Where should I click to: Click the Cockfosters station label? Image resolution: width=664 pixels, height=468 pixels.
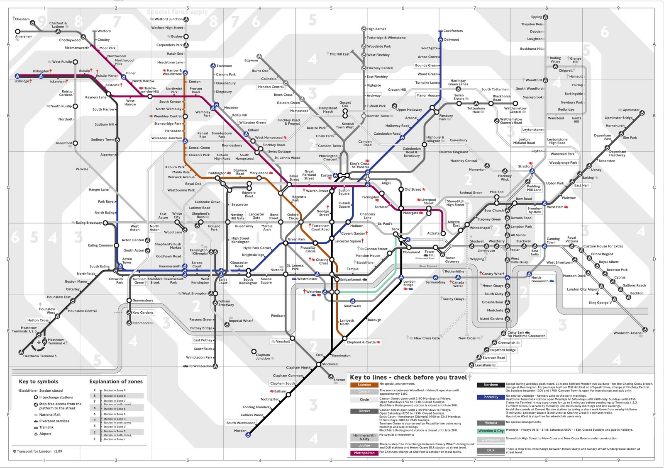(453, 31)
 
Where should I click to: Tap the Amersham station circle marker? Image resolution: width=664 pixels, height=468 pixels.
(17, 32)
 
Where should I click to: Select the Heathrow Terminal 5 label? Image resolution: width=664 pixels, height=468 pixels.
(40, 356)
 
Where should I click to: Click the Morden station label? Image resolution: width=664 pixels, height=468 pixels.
(240, 431)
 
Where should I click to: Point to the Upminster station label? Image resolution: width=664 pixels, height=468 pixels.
(631, 110)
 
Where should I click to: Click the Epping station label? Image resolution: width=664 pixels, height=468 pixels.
(536, 17)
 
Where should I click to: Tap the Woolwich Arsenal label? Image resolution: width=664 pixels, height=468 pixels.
(627, 333)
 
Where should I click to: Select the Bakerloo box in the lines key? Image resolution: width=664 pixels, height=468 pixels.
(364, 385)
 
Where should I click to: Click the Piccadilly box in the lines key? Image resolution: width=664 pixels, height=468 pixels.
(491, 397)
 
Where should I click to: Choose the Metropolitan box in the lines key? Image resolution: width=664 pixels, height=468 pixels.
(364, 453)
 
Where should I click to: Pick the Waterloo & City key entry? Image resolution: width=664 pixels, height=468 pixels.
(491, 431)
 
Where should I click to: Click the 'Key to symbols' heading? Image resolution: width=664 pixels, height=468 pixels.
(39, 381)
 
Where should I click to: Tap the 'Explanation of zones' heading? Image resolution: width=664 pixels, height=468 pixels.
(116, 381)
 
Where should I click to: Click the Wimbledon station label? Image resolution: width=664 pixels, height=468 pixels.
(202, 366)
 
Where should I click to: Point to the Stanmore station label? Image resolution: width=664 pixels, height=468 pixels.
(224, 66)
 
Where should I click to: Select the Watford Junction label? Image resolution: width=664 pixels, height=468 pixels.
(168, 19)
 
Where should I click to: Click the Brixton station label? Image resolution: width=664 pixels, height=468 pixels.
(339, 380)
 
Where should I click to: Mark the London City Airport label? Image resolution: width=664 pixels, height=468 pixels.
(583, 289)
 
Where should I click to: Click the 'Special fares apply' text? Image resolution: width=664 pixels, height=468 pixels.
(177, 12)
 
